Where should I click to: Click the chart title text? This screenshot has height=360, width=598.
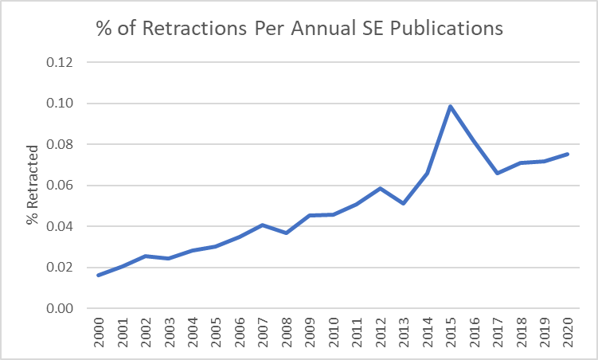click(x=299, y=29)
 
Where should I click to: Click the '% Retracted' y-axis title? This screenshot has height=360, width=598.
click(x=32, y=185)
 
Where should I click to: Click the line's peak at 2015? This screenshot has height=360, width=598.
click(x=451, y=107)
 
